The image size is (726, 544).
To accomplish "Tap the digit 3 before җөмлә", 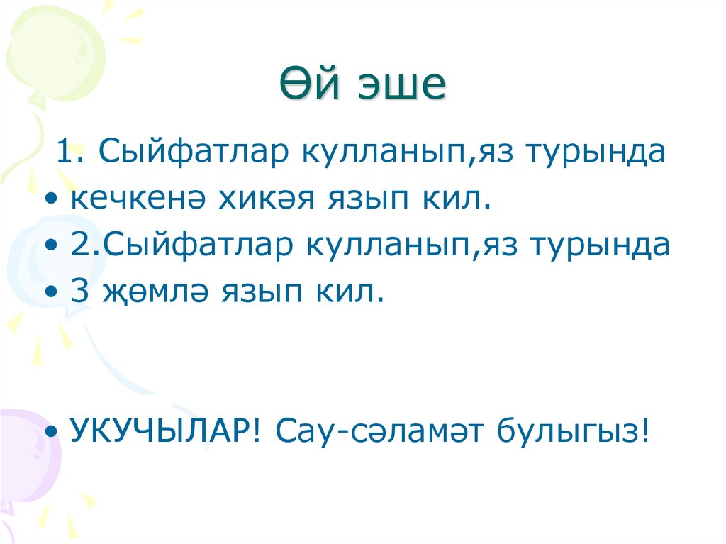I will point(78,291).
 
